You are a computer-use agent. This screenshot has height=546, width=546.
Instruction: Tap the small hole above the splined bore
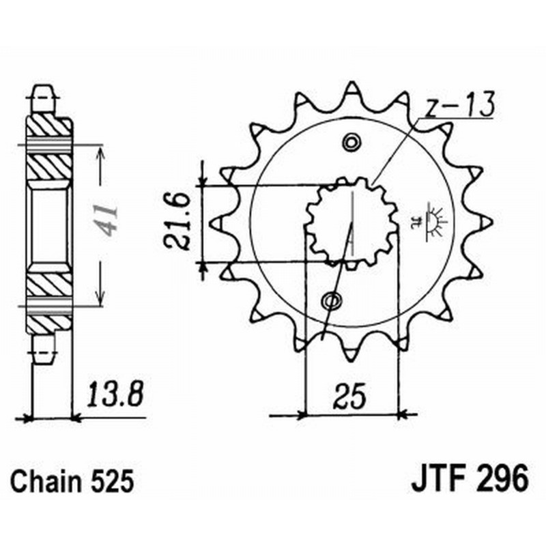click(x=351, y=143)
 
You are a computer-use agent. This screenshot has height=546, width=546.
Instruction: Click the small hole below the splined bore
click(x=333, y=300)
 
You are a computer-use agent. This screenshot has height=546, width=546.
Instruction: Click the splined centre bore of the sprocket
click(x=351, y=222)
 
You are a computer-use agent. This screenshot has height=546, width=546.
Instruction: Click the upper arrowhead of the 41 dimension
click(x=101, y=152)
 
